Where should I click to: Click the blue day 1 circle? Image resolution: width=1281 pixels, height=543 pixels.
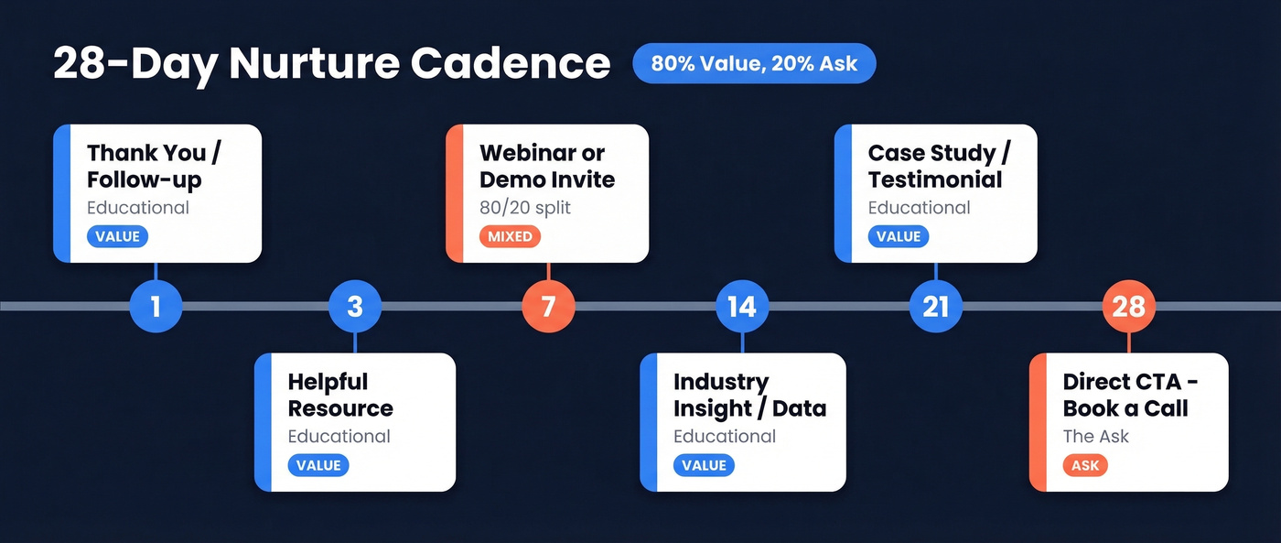coord(156,306)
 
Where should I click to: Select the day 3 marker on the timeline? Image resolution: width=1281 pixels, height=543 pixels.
coord(354,306)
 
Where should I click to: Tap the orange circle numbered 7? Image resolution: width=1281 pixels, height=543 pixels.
coord(548,306)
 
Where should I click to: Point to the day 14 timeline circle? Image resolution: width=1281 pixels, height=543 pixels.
coord(742,306)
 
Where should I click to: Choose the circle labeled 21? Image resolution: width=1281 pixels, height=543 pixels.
coord(935,306)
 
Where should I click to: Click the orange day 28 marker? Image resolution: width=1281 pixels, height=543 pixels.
coord(1128,306)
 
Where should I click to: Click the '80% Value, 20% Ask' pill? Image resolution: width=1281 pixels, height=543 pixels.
coord(754,64)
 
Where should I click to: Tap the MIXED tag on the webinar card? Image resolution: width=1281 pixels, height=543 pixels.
coord(510,236)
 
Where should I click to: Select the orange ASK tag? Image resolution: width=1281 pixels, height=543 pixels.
coord(1085,465)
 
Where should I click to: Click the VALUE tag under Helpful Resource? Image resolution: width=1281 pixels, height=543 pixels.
coord(318,465)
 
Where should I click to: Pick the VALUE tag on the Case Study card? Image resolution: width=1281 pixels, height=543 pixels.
coord(898,236)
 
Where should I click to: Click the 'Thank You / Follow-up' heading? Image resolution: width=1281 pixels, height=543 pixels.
coord(153,166)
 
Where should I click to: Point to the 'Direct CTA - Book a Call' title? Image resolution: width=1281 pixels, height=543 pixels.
coord(1130,395)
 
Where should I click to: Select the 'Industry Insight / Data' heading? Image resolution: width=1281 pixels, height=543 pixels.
coord(749,395)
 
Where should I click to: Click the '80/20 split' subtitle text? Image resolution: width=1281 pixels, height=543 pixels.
coord(524,208)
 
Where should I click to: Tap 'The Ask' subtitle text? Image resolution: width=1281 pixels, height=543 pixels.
coord(1095,437)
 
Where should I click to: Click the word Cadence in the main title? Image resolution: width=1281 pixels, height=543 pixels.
coord(510,64)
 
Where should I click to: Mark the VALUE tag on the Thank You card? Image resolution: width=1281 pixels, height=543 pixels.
coord(117,236)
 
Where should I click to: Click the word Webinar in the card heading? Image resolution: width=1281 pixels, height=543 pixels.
coord(530,153)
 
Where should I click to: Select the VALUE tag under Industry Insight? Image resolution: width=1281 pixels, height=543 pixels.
coord(704,465)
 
